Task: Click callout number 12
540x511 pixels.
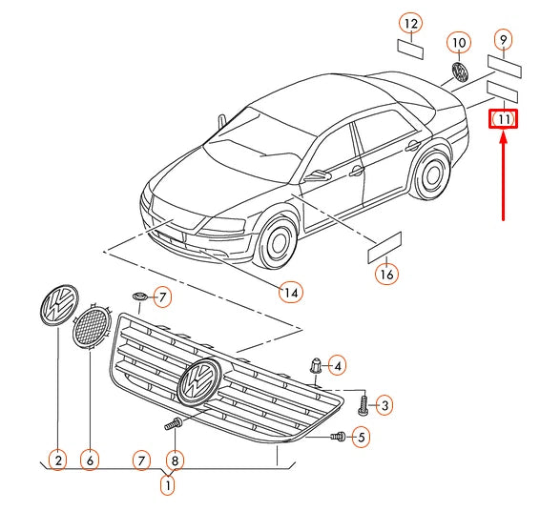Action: [411, 24]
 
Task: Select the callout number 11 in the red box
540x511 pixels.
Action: [504, 119]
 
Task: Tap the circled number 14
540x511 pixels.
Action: [291, 293]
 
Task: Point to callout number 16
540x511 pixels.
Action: [386, 275]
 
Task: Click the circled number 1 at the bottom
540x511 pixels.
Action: [168, 485]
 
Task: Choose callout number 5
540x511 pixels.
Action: [361, 437]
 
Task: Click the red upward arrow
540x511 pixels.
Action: [503, 176]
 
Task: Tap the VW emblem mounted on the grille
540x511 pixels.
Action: [199, 381]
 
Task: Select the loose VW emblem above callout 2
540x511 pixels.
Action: [59, 304]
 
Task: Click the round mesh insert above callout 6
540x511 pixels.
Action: [92, 325]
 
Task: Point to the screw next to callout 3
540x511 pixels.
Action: [363, 405]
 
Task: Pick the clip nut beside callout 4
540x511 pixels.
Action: [316, 365]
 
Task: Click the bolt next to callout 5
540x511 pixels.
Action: [338, 437]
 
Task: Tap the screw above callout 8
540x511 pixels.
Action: [174, 423]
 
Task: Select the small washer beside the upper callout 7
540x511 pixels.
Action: [140, 296]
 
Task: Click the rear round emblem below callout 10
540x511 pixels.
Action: [460, 72]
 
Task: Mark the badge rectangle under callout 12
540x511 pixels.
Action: [410, 50]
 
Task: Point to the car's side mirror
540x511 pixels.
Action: [317, 175]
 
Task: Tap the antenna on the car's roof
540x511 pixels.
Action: [222, 122]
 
